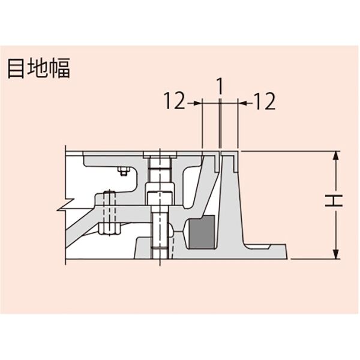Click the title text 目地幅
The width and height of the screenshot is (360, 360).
click(39, 68)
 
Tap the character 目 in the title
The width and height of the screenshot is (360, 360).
click(16, 68)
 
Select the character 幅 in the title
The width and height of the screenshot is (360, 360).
click(59, 68)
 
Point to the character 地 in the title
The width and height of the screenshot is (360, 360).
click(37, 68)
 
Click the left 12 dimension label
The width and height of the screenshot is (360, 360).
click(175, 101)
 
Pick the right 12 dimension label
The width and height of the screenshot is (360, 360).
click(265, 101)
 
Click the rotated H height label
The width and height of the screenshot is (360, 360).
click(334, 201)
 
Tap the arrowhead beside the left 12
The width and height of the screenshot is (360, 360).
click(197, 103)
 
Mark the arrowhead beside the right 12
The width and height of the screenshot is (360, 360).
click(242, 103)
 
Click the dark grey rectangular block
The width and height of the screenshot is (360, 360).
click(202, 232)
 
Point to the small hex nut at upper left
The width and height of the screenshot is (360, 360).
click(124, 171)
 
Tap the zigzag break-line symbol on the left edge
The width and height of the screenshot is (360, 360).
click(65, 205)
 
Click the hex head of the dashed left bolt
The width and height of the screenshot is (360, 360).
click(109, 229)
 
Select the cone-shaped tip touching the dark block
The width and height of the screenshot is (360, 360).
click(185, 232)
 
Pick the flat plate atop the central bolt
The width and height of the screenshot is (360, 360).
click(160, 155)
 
